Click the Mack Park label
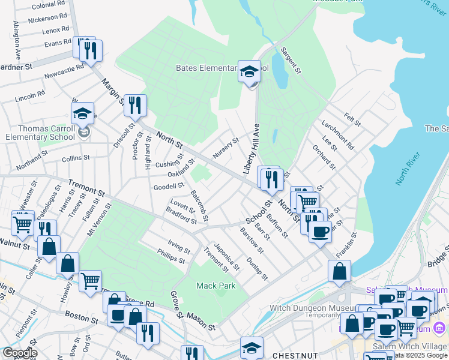point(216,286)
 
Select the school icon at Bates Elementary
point(249,73)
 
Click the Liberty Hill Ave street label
point(251,150)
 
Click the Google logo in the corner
point(20,353)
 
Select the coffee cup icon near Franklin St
point(320,231)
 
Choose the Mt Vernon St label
point(99,220)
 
